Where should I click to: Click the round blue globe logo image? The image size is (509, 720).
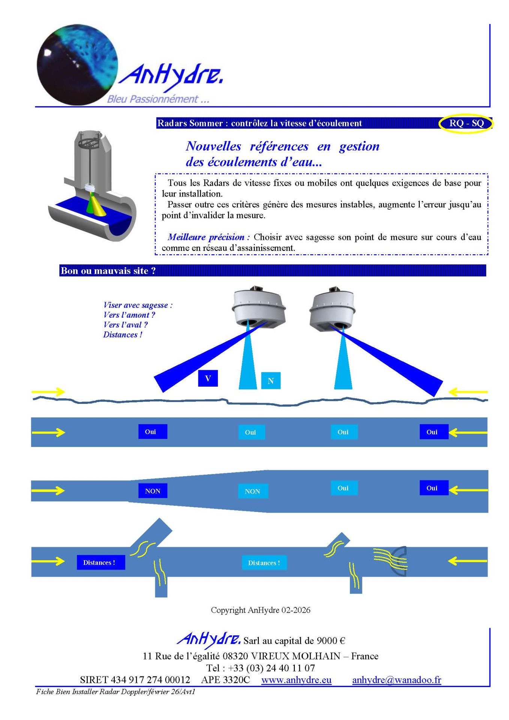77,64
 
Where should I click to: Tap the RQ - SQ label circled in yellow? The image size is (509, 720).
466,123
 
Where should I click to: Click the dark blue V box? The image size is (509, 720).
208,378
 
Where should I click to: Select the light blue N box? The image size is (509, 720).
270,381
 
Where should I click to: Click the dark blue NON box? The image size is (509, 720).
153,491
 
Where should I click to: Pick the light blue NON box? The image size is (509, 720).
252,491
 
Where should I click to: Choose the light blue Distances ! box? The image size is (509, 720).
264,563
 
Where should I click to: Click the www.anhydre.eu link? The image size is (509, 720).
296,680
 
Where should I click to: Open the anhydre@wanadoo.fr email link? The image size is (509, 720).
396,680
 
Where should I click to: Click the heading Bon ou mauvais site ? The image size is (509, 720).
108,271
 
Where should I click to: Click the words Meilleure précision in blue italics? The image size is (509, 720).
209,237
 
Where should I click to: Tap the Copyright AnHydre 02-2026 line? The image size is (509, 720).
260,610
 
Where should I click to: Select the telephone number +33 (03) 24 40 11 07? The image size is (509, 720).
272,668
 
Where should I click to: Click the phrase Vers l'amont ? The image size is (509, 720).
129,315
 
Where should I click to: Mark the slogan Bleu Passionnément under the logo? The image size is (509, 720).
158,99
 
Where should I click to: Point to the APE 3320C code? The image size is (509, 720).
225,680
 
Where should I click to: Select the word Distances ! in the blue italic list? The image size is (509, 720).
123,334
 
